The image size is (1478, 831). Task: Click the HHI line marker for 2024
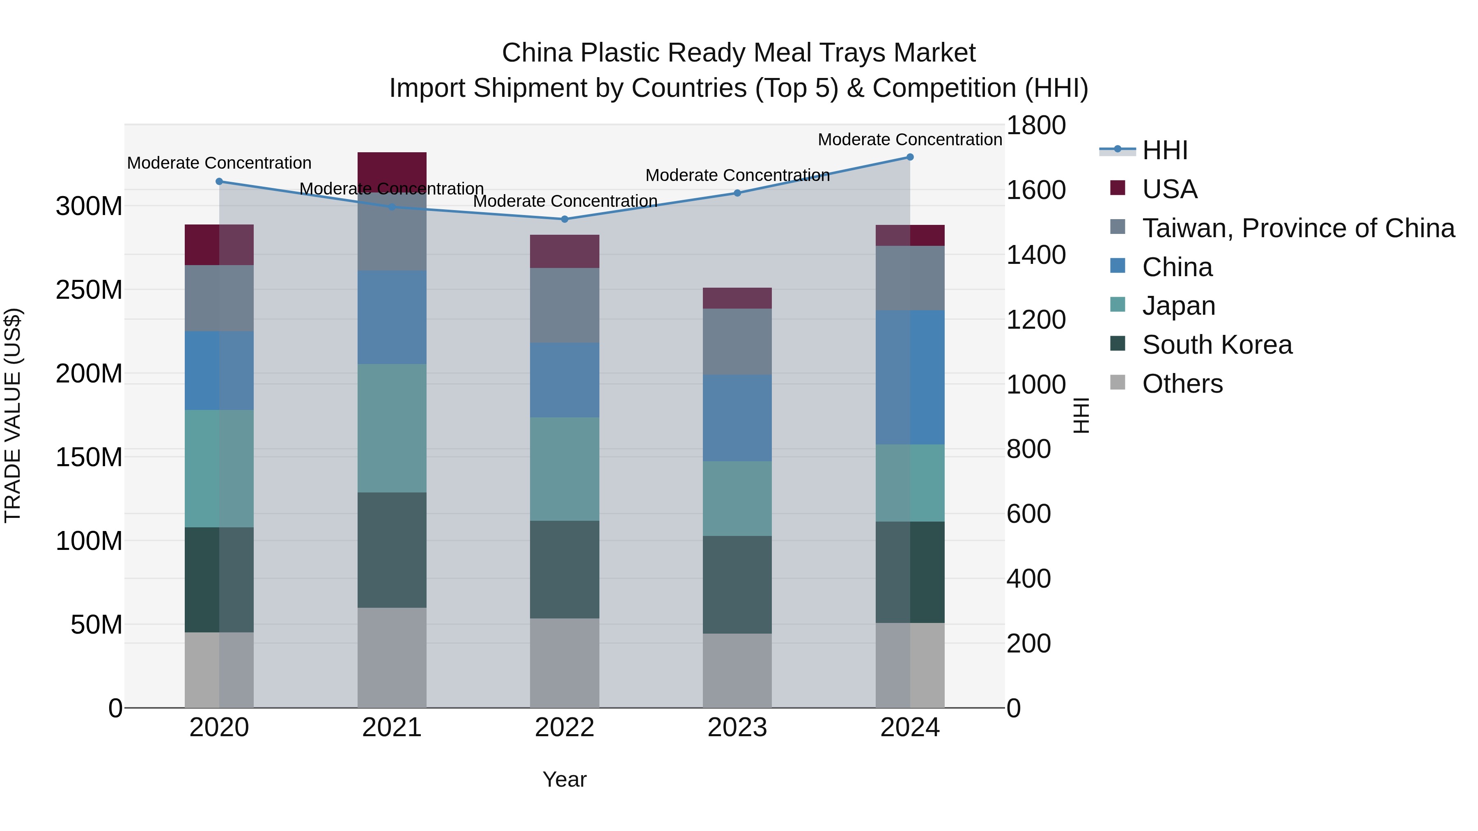pyautogui.click(x=909, y=157)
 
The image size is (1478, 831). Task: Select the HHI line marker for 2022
pyautogui.click(x=564, y=219)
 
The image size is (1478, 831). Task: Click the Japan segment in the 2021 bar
pyautogui.click(x=392, y=428)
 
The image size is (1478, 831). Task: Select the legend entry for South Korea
pyautogui.click(x=1216, y=345)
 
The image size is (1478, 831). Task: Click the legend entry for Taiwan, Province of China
pyautogui.click(x=1298, y=228)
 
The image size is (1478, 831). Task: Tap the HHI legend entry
pyautogui.click(x=1164, y=150)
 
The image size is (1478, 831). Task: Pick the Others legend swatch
pyautogui.click(x=1118, y=382)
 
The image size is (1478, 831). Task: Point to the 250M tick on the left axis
pyautogui.click(x=89, y=290)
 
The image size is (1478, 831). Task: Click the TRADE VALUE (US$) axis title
pyautogui.click(x=13, y=415)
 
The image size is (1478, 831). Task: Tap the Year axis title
pyautogui.click(x=564, y=779)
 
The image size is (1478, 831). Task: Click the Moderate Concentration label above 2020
pyautogui.click(x=219, y=163)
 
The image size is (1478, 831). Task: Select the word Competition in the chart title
pyautogui.click(x=944, y=88)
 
